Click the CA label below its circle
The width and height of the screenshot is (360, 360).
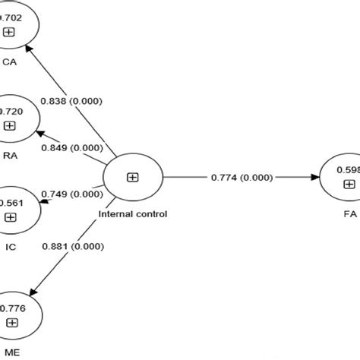[x=10, y=63]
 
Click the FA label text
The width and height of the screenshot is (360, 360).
[x=348, y=215]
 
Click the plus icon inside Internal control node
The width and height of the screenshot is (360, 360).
[x=132, y=177]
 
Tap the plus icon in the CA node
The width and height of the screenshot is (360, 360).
[x=9, y=31]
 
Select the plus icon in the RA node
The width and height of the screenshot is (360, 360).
[x=9, y=126]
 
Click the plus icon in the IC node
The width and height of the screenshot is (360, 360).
[x=9, y=216]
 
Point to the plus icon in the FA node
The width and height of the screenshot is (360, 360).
[x=349, y=185]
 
